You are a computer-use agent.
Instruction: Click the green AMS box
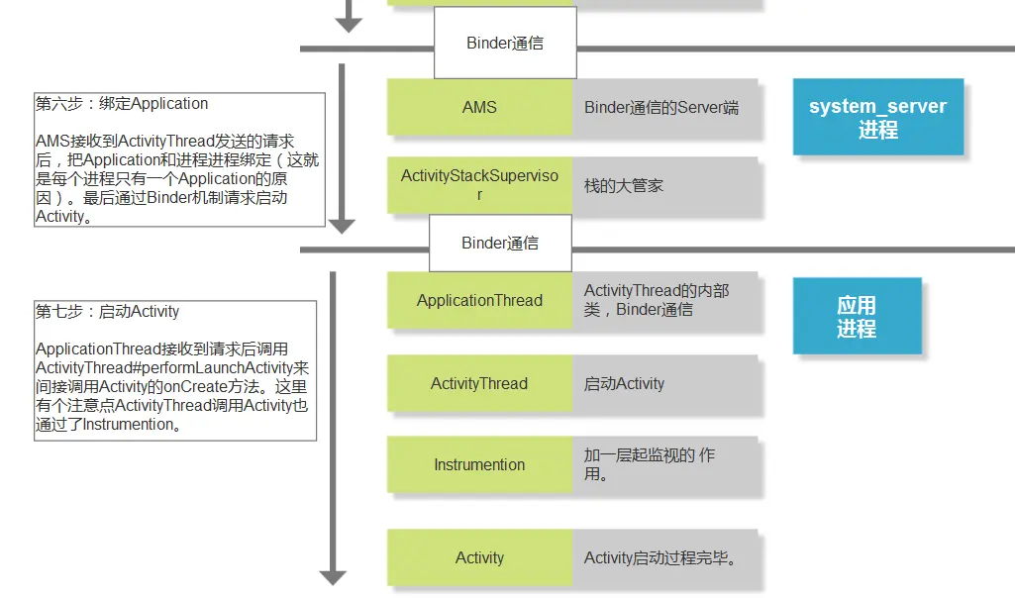pyautogui.click(x=479, y=107)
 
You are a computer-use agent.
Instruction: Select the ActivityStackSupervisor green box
pyautogui.click(x=479, y=185)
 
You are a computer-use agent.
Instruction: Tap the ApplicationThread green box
pyautogui.click(x=479, y=300)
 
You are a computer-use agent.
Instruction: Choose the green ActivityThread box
pyautogui.click(x=479, y=383)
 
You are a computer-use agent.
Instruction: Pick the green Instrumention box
pyautogui.click(x=479, y=464)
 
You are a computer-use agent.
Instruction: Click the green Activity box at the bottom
pyautogui.click(x=479, y=557)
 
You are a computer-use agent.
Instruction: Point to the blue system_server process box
pyautogui.click(x=878, y=117)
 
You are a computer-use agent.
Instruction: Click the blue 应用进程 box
pyautogui.click(x=857, y=316)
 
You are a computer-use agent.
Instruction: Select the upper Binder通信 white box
pyautogui.click(x=505, y=43)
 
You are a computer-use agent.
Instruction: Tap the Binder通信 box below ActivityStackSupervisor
pyautogui.click(x=500, y=243)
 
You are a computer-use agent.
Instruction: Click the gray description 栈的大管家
pyautogui.click(x=624, y=186)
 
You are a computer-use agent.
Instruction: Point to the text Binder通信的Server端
pyautogui.click(x=660, y=108)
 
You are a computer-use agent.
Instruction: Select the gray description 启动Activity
pyautogui.click(x=624, y=384)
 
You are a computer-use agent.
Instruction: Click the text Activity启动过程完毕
pyautogui.click(x=660, y=557)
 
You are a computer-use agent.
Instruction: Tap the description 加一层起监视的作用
pyautogui.click(x=650, y=464)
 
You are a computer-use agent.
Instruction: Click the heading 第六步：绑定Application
pyautogui.click(x=122, y=104)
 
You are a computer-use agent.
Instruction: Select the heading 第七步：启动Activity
pyautogui.click(x=108, y=311)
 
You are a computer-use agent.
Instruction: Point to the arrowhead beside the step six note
pyautogui.click(x=342, y=227)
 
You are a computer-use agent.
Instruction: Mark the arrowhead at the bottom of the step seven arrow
pyautogui.click(x=333, y=578)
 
